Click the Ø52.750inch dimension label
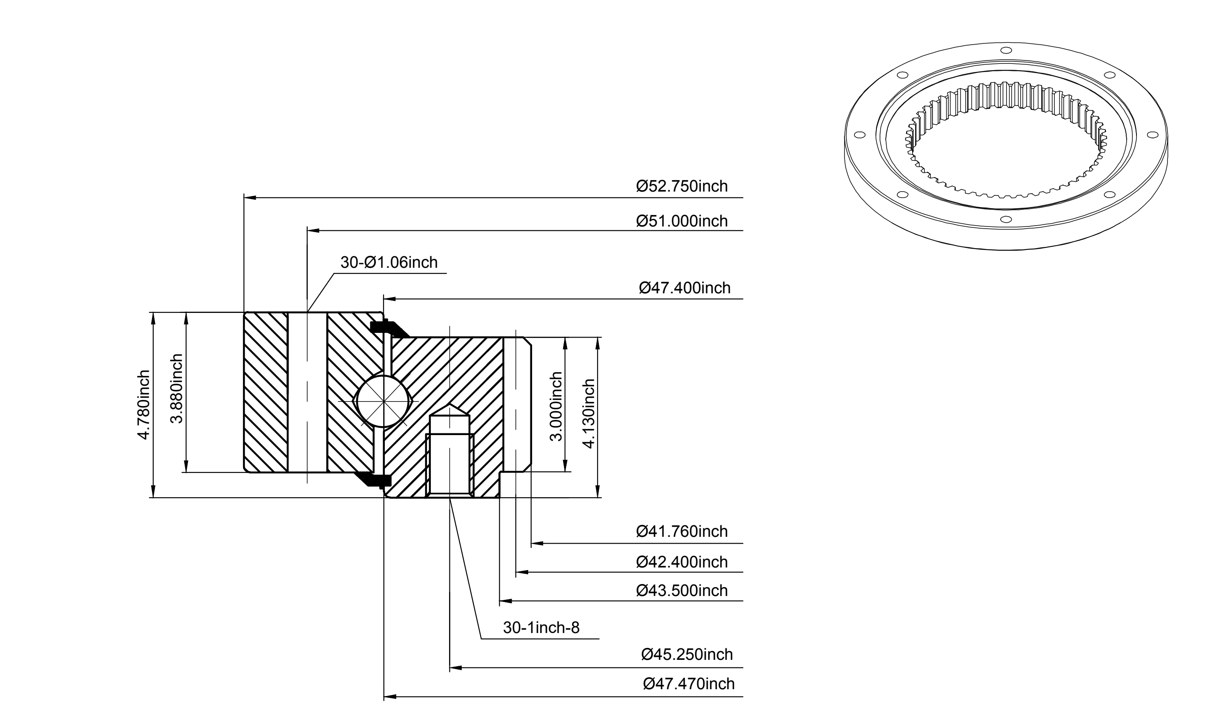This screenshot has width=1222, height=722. (x=681, y=186)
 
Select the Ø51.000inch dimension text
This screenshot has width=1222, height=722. (x=681, y=221)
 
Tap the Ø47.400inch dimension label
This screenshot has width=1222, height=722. (x=684, y=288)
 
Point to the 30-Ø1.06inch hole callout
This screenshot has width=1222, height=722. (x=389, y=263)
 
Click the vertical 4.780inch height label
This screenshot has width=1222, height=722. (x=143, y=405)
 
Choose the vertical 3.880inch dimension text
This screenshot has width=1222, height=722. (x=177, y=388)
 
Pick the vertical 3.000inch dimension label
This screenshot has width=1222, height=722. (x=555, y=406)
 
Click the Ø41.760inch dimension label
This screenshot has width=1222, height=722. (x=681, y=531)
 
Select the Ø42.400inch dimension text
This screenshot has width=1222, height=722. (x=681, y=562)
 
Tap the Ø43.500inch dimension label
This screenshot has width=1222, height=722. (x=681, y=590)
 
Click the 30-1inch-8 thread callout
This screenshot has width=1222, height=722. (x=541, y=627)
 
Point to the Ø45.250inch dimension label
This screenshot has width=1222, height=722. (x=687, y=654)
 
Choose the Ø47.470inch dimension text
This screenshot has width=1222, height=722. (x=688, y=684)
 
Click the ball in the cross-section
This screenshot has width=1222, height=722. (x=383, y=401)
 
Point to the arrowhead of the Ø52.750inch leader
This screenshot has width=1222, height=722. (x=249, y=198)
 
